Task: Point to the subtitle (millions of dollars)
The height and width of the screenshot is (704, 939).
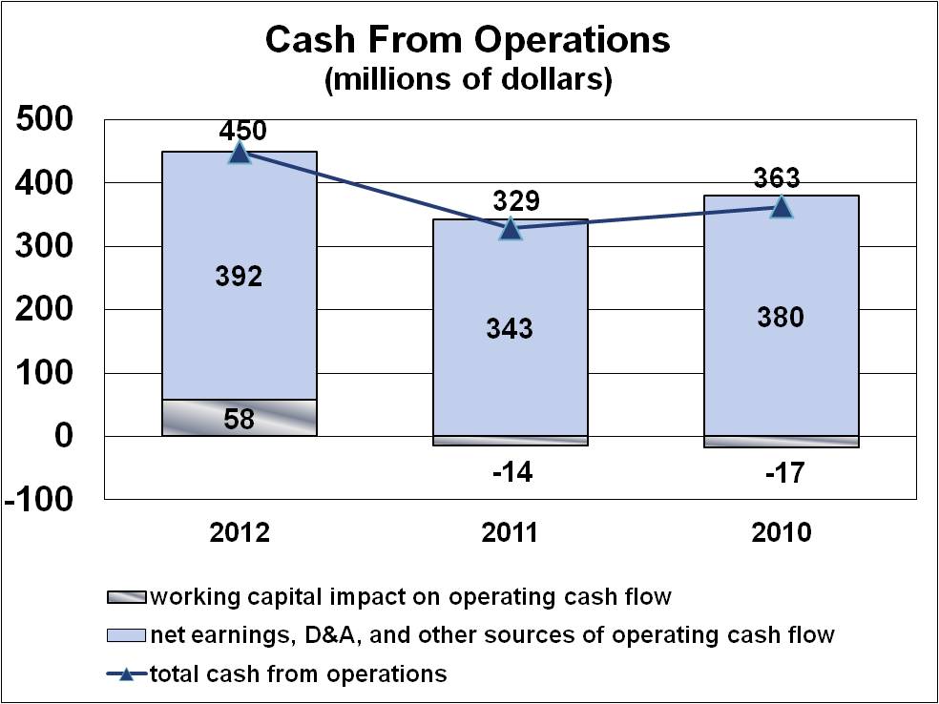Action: pos(468,80)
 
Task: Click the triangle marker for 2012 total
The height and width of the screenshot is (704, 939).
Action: pos(240,153)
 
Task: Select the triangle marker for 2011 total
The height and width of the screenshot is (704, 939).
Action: pos(511,228)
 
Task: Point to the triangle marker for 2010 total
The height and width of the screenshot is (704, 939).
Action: pos(782,206)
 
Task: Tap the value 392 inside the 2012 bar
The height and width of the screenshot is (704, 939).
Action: pos(240,277)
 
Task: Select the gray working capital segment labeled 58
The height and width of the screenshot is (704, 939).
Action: pos(240,418)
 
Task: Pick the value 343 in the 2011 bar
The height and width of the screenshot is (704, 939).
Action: pos(511,329)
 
